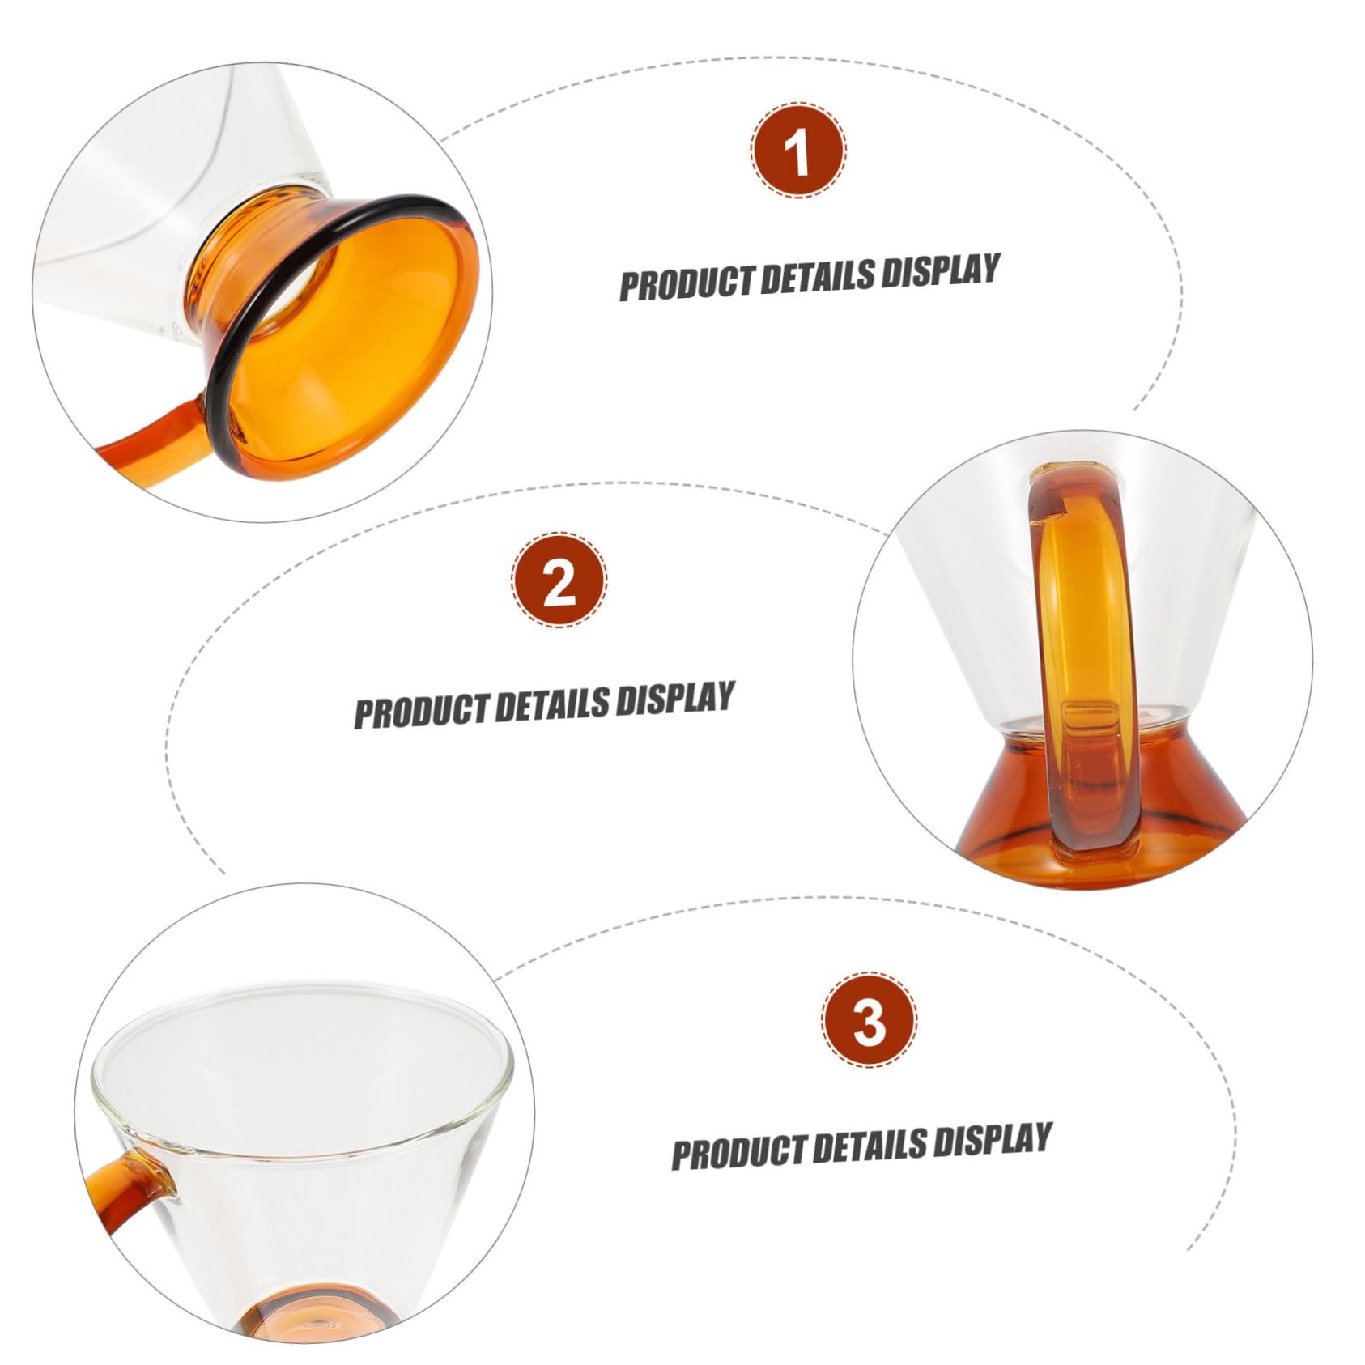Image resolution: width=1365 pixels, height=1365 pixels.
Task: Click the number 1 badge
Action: click(x=798, y=151)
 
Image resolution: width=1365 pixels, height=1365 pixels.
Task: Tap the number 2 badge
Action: click(x=559, y=580)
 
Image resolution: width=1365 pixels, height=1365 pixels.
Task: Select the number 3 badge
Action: click(x=870, y=1021)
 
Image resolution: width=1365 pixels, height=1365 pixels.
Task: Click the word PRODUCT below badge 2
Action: click(x=423, y=711)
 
